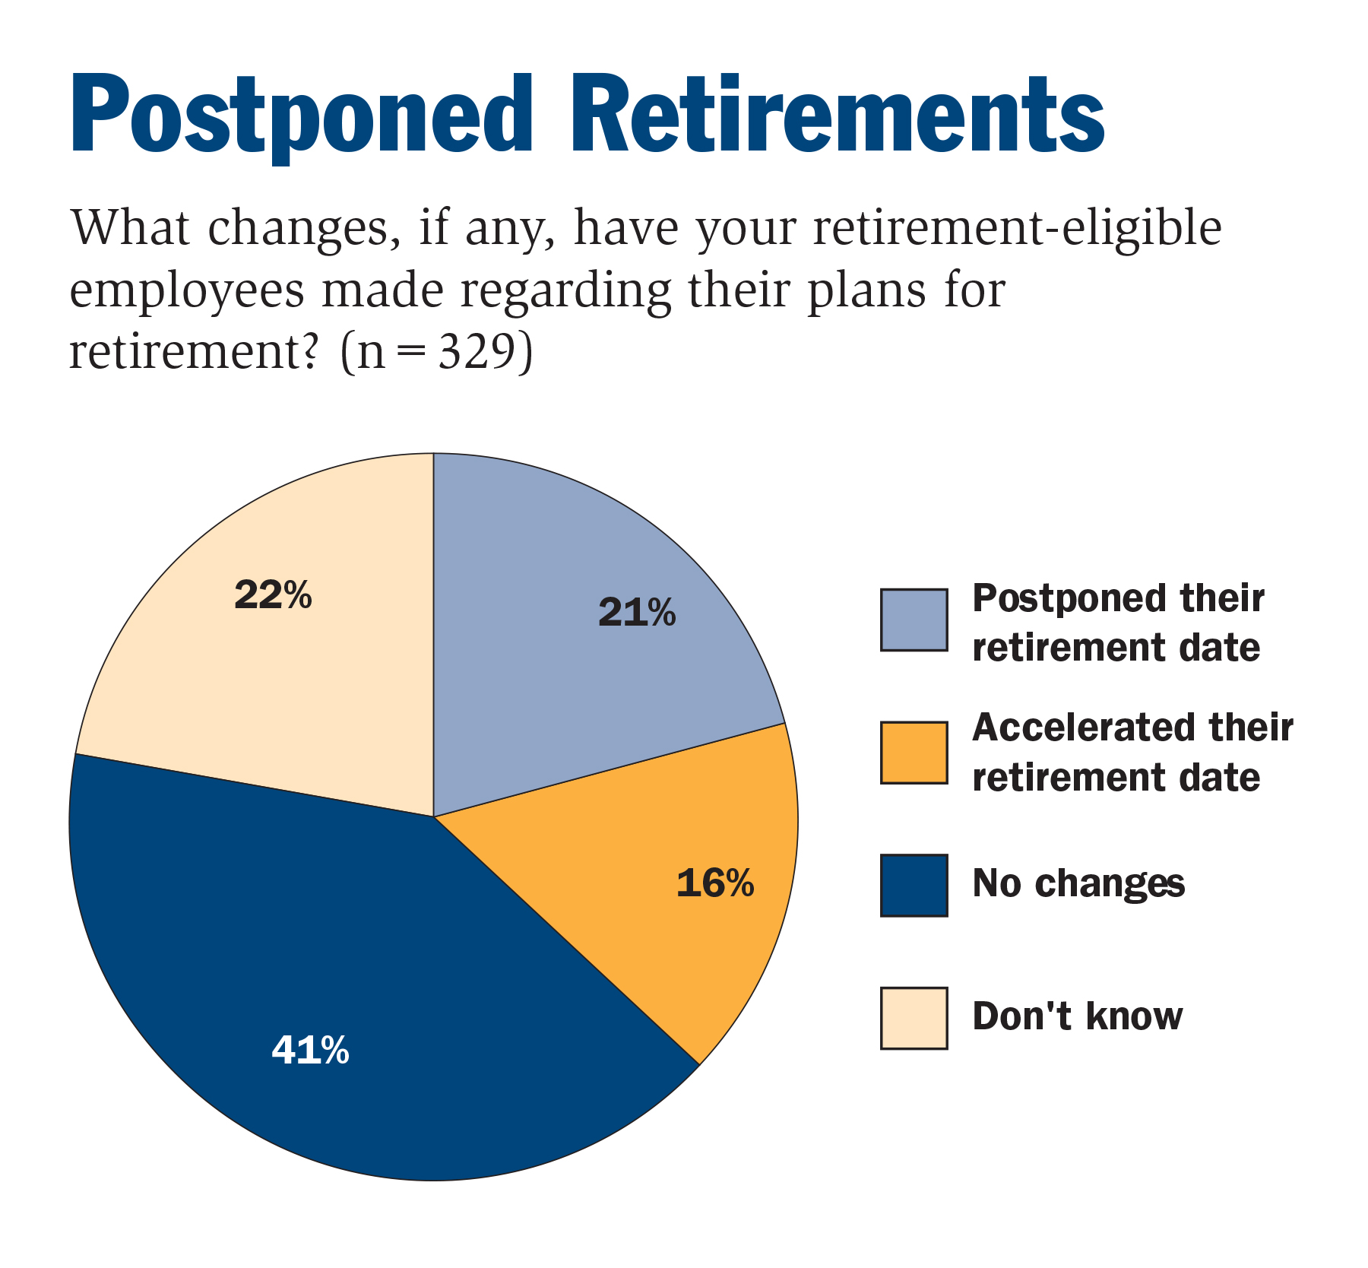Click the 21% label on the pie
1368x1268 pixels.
637,613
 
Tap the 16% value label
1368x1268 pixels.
715,883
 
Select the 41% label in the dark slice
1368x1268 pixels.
310,1051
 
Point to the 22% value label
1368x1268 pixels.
273,595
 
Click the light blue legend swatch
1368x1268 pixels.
914,620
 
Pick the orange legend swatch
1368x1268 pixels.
914,753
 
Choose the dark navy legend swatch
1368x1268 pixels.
914,886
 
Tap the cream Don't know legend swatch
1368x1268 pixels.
914,1018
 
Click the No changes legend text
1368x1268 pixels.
1078,884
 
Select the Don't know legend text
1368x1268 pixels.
1078,1016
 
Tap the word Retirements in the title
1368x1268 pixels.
844,114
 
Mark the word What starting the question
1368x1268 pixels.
130,227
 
